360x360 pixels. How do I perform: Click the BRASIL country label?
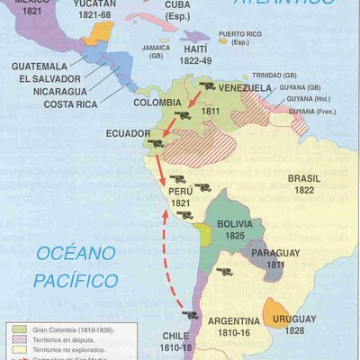(304, 179)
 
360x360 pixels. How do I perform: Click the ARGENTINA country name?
(240, 321)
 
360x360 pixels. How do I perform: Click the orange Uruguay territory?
(277, 311)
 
